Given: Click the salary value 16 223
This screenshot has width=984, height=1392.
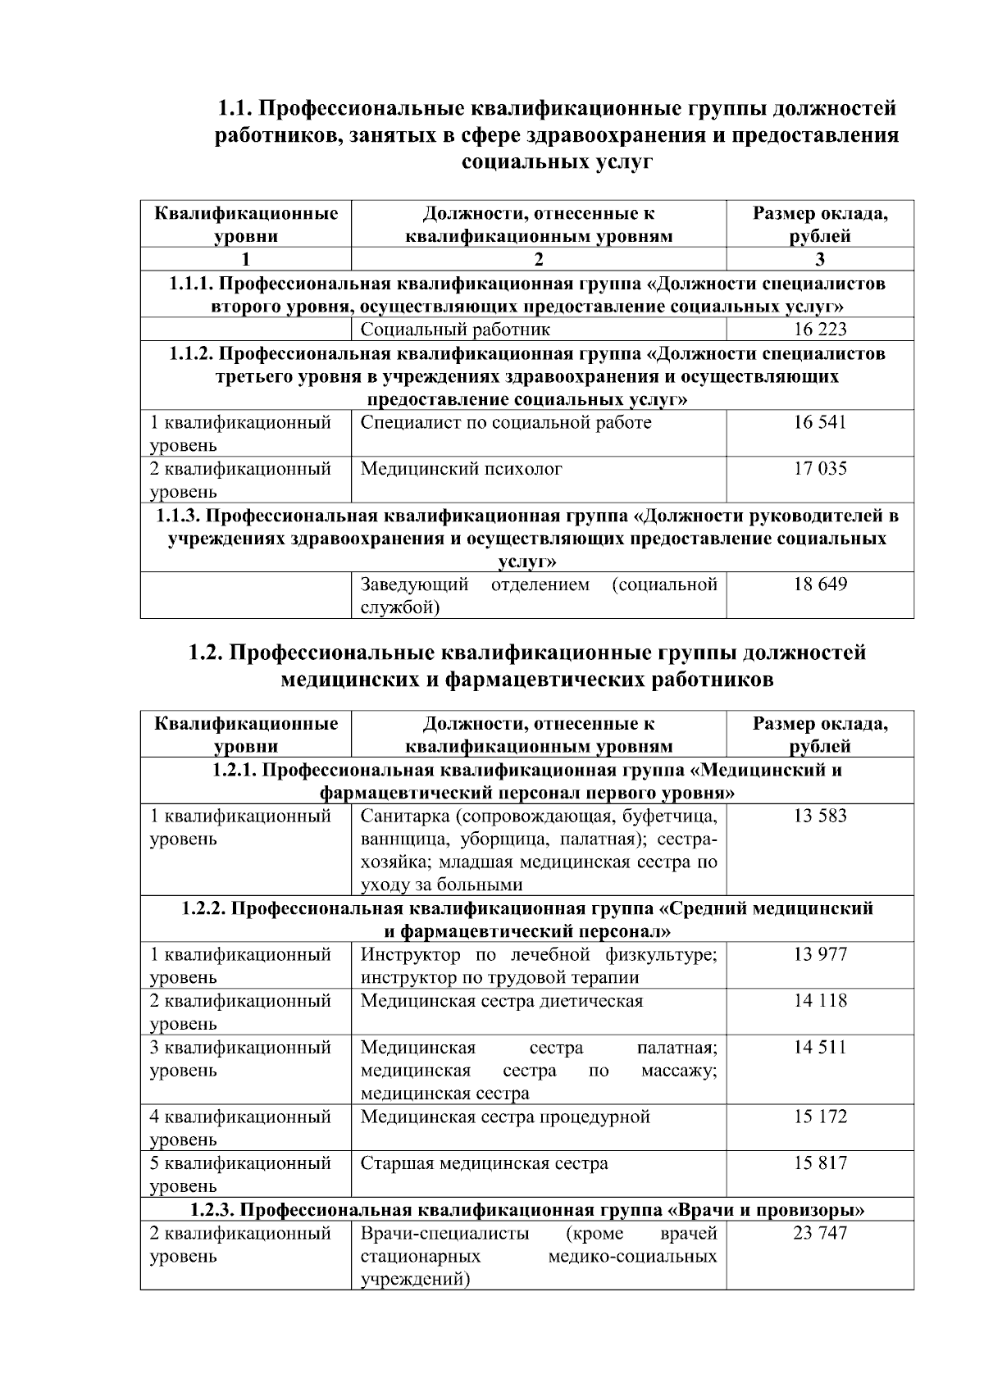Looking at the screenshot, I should [x=820, y=330].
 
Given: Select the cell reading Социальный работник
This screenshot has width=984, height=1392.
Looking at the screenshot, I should [x=455, y=330].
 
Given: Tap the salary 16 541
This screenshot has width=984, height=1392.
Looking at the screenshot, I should [x=820, y=423].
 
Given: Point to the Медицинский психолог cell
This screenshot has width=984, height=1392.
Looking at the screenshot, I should [x=462, y=470].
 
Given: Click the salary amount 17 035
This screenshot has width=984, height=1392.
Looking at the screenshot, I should [x=820, y=470].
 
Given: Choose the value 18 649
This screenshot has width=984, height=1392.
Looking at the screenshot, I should [x=820, y=585].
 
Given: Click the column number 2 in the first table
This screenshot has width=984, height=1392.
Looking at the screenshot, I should [x=539, y=260].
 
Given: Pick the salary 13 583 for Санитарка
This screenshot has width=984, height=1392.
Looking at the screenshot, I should [x=820, y=817].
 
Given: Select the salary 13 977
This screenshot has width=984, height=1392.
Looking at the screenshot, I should [x=820, y=955].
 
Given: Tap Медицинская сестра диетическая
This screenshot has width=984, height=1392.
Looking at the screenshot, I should [x=502, y=1001].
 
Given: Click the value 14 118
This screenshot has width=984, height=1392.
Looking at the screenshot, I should [x=820, y=1001].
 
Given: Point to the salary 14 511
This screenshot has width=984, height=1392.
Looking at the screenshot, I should [x=820, y=1048].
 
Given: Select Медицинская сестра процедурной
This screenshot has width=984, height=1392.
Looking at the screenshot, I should [x=505, y=1117].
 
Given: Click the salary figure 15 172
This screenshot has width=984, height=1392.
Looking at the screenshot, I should [x=820, y=1117].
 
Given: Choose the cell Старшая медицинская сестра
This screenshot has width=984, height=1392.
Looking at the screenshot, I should [x=485, y=1163].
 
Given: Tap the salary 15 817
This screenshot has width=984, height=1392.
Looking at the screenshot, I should [x=820, y=1163].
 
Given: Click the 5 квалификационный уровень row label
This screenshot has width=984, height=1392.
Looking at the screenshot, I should [x=240, y=1174].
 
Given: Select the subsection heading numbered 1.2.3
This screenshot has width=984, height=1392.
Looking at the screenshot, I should [x=527, y=1210].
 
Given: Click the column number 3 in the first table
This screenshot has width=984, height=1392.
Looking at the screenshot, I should [x=820, y=260].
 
